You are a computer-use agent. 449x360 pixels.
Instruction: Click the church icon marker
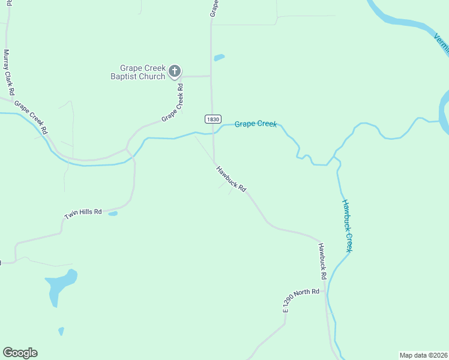(x=174, y=72)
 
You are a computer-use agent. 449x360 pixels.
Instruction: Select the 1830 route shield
(x=212, y=119)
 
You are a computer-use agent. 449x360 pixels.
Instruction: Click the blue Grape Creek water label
(x=255, y=124)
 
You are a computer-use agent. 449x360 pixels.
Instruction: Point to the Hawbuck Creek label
(x=347, y=225)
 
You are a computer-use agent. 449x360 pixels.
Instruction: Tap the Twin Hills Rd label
(x=83, y=213)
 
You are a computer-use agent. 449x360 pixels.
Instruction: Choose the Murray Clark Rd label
(x=8, y=73)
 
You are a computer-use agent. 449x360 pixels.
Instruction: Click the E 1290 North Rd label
(x=301, y=299)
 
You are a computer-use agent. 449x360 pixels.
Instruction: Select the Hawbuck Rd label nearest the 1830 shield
(x=231, y=179)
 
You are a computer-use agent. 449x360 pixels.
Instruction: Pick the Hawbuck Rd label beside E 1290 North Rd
(x=322, y=261)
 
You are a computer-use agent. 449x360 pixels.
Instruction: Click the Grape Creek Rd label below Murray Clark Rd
(x=31, y=117)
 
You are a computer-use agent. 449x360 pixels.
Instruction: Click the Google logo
(x=20, y=353)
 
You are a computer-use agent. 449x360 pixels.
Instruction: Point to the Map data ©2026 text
(x=423, y=355)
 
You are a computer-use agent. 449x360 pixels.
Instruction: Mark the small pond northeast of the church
(x=219, y=58)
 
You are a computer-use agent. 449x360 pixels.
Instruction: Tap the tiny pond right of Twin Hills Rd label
(x=113, y=213)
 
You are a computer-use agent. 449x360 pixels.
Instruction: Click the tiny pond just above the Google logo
(x=61, y=331)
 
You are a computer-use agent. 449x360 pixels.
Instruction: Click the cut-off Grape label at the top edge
(x=213, y=7)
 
